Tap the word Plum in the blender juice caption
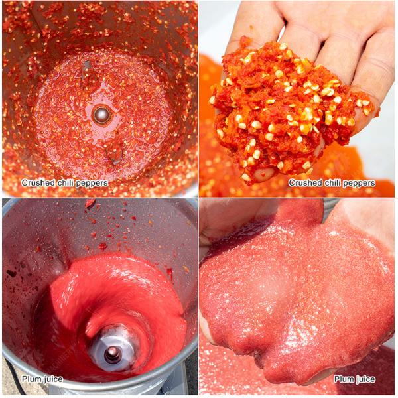click(31, 379)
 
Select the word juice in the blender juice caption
click(52, 379)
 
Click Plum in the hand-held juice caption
click(343, 379)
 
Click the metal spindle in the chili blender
click(101, 115)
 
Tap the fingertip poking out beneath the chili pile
click(263, 173)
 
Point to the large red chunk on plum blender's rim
click(90, 202)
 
